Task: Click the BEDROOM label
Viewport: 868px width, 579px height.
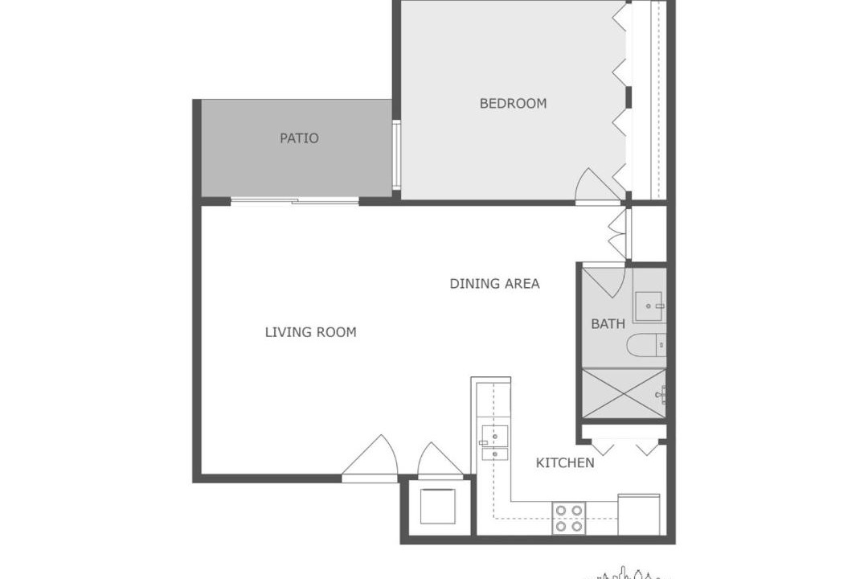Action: (x=513, y=103)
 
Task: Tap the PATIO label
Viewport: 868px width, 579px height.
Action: (x=299, y=138)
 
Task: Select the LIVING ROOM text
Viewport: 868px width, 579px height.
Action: (x=310, y=332)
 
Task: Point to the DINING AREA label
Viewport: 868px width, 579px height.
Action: (x=494, y=284)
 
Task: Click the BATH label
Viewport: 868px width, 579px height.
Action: (x=608, y=323)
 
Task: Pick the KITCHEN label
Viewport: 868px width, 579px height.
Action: (x=565, y=462)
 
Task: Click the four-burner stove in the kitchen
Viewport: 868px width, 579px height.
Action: (x=568, y=519)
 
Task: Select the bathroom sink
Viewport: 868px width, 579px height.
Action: (x=649, y=306)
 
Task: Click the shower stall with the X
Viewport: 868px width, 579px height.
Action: (x=624, y=394)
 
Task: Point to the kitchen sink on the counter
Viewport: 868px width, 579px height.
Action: (x=494, y=442)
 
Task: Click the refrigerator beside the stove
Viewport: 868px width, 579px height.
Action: (x=638, y=515)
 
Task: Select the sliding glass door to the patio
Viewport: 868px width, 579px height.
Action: (x=294, y=200)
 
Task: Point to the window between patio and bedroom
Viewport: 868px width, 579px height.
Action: (x=396, y=154)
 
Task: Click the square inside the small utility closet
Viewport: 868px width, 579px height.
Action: (x=438, y=507)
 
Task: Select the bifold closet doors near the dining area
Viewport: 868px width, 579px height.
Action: (x=618, y=233)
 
